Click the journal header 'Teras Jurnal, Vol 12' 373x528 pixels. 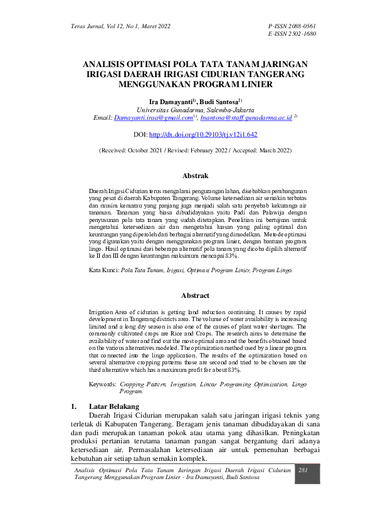[94, 26]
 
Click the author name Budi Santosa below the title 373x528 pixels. [219, 100]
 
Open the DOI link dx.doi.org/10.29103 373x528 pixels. [203, 134]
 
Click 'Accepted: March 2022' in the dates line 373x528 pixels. [260, 151]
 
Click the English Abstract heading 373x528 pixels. [195, 295]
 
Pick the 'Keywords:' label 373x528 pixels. [102, 383]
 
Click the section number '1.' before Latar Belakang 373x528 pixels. [74, 406]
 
